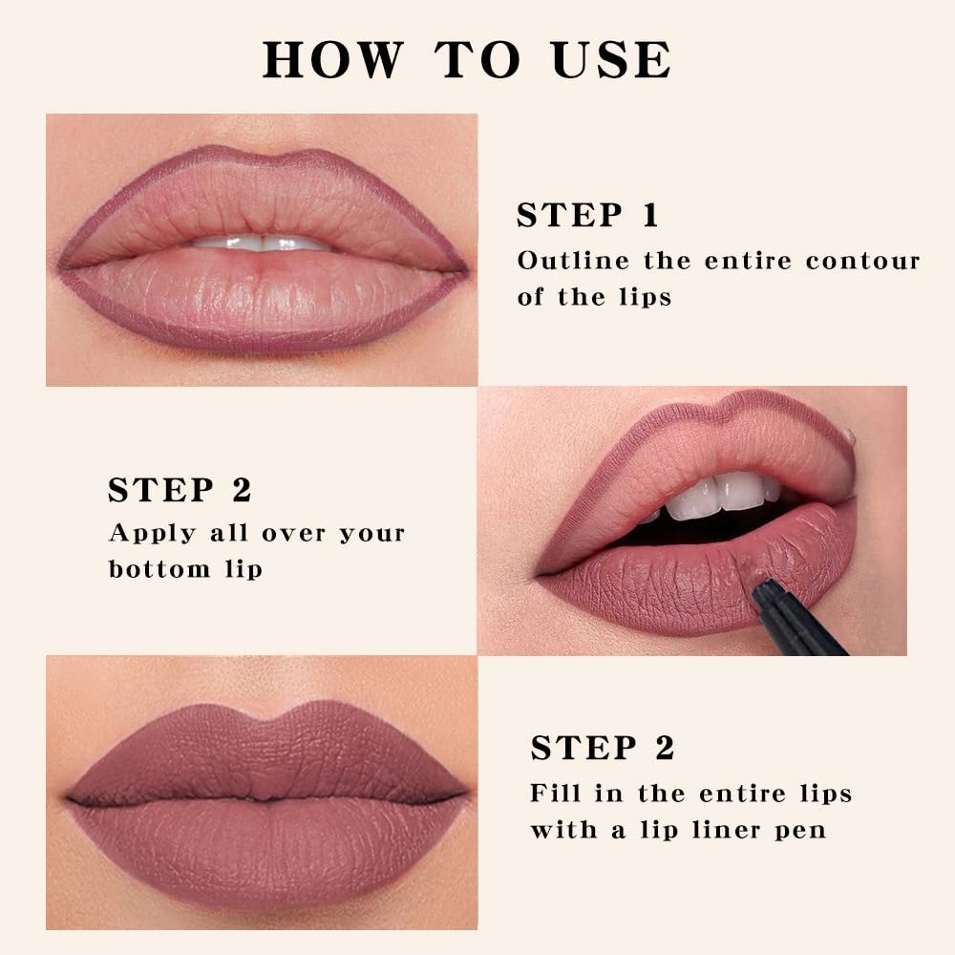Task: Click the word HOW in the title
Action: point(332,59)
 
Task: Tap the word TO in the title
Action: point(480,59)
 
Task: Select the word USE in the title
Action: point(612,59)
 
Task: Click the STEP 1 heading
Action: point(587,215)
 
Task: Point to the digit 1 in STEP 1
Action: point(649,215)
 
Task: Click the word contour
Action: point(862,261)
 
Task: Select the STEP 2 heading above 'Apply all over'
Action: point(180,490)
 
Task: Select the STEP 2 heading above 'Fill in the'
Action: point(603,748)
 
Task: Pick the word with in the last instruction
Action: point(561,830)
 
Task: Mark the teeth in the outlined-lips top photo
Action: point(260,244)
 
